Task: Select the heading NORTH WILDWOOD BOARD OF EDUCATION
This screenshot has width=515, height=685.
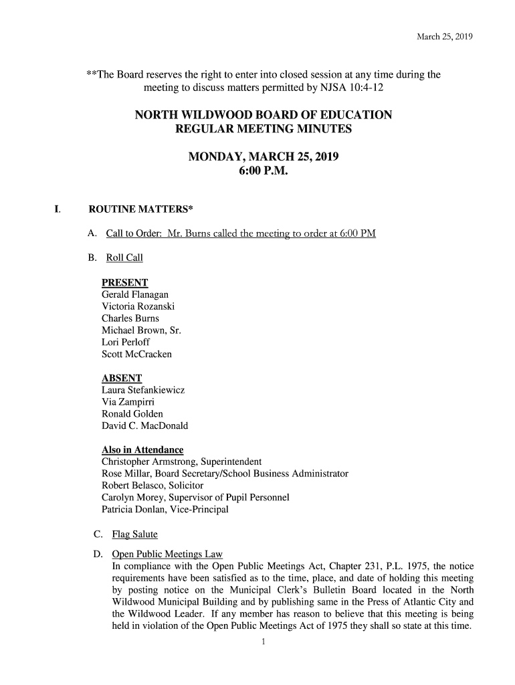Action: coord(263,115)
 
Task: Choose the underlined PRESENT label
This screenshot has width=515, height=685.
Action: coord(124,283)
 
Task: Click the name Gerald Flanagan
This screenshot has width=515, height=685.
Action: coord(134,294)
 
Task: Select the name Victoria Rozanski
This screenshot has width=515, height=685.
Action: coord(137,306)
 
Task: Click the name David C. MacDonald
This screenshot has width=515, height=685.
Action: coord(144,425)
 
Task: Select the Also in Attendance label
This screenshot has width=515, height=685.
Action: coord(142,450)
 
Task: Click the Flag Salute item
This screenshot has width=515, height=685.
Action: coord(134,534)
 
